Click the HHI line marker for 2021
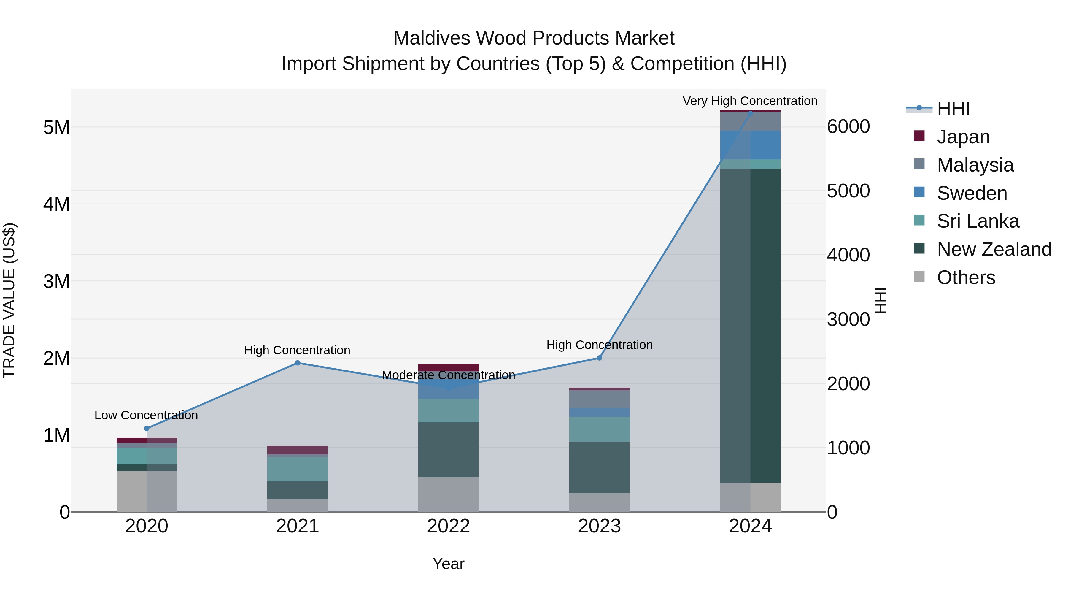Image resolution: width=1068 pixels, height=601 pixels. pos(297,363)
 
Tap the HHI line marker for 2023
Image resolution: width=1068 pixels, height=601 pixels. pos(599,358)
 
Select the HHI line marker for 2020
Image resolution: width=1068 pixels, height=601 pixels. pos(146,429)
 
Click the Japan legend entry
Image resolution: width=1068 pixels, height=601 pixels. pos(963,137)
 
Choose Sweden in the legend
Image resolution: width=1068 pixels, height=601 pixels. pos(972,193)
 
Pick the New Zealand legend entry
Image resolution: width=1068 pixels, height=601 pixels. pos(994,249)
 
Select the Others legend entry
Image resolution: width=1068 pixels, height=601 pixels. pos(966,277)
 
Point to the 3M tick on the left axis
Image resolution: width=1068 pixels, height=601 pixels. pos(56,282)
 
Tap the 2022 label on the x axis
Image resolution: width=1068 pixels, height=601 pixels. pos(448,526)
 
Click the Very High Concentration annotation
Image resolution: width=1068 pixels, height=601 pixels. pos(750,101)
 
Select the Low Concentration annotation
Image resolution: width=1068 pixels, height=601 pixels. pos(146,415)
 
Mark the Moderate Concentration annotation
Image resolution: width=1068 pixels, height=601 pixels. pos(448,375)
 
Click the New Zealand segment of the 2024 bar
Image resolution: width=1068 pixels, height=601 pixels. pos(750,326)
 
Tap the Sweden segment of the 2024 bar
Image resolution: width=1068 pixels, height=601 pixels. pos(750,145)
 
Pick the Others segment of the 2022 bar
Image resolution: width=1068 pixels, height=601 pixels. pos(448,494)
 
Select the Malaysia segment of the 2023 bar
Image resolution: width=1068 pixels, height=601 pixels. pos(599,399)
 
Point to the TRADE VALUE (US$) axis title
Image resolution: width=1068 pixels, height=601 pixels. pos(9,300)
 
